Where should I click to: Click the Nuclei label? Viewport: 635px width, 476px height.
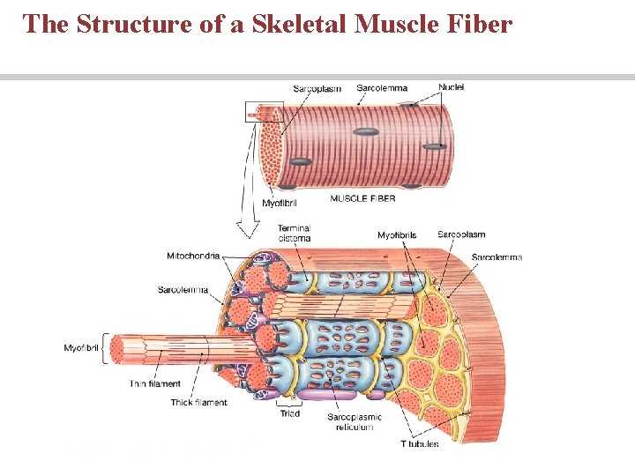(451, 87)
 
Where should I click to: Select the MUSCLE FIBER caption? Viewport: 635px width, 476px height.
(362, 199)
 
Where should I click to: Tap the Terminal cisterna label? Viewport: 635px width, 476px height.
(294, 233)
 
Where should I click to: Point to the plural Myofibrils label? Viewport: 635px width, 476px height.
(397, 235)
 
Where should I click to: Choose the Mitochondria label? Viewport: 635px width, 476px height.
(193, 257)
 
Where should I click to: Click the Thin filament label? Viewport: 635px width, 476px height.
(154, 384)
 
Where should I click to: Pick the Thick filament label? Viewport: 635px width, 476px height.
(198, 403)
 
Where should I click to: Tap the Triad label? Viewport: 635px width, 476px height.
(289, 413)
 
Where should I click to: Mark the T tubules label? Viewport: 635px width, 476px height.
(419, 443)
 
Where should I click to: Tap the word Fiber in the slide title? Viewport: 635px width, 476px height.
(479, 24)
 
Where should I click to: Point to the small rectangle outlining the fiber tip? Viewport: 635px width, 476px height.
(264, 112)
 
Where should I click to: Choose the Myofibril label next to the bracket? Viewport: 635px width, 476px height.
(83, 348)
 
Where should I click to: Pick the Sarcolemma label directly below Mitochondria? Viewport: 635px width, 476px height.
(183, 290)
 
